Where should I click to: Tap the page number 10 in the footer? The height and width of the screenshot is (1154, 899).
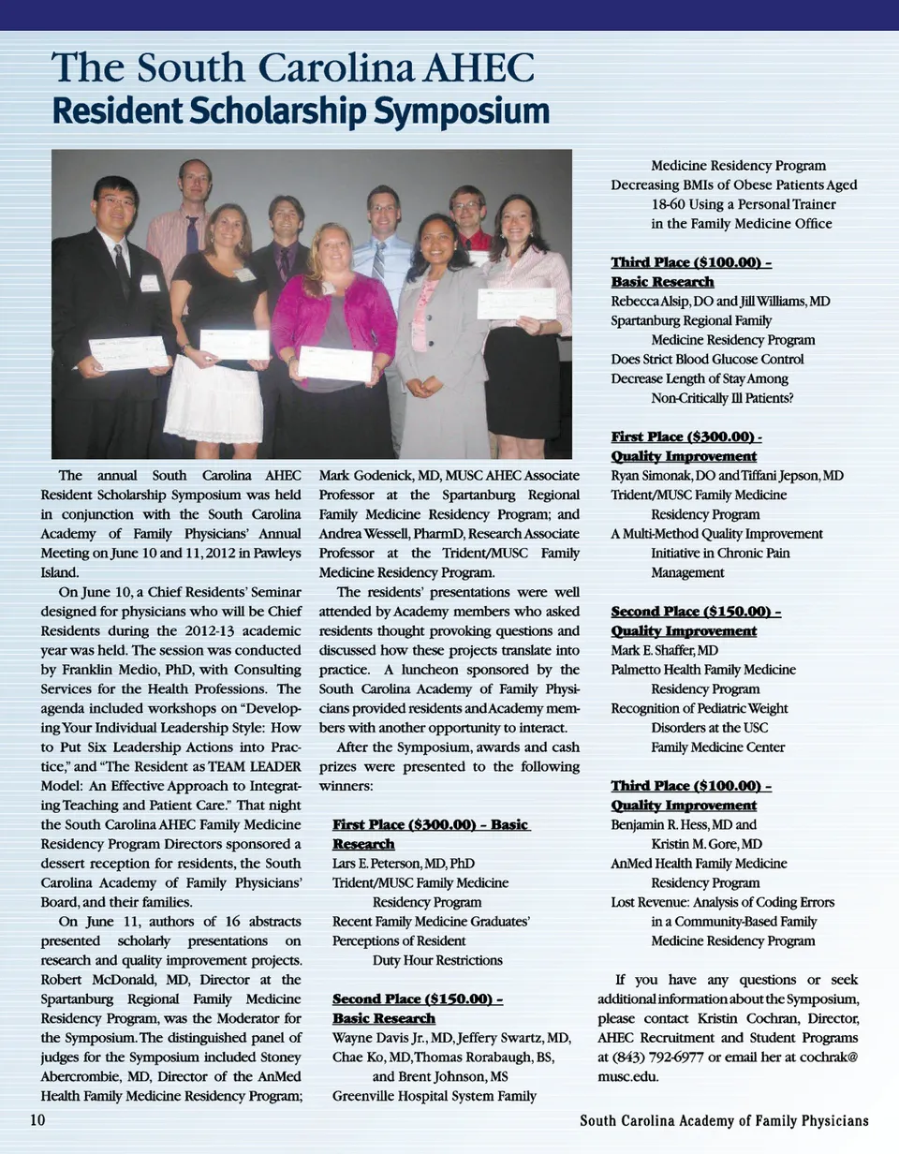38,1120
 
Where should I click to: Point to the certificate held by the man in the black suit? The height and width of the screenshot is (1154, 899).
128,353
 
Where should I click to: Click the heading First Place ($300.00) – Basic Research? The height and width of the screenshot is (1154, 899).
431,834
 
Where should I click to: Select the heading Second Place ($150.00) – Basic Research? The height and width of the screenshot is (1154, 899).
418,1009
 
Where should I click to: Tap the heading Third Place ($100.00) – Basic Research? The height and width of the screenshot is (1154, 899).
691,272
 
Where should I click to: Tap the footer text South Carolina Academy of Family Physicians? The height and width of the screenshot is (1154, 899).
724,1121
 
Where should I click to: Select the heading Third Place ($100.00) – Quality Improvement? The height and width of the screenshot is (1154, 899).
691,796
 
